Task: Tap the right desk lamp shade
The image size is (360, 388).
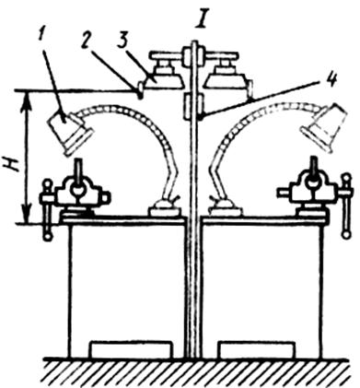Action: tap(325, 126)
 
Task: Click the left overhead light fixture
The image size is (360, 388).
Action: tap(164, 71)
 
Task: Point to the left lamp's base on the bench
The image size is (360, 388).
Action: tap(165, 208)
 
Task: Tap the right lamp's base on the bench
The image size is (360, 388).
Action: tap(226, 208)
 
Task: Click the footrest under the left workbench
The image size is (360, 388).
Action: tap(130, 349)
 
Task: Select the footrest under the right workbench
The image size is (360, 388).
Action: tap(257, 349)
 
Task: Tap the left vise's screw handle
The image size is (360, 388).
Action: tap(47, 210)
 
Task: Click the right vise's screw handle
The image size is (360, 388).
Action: tap(347, 206)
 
